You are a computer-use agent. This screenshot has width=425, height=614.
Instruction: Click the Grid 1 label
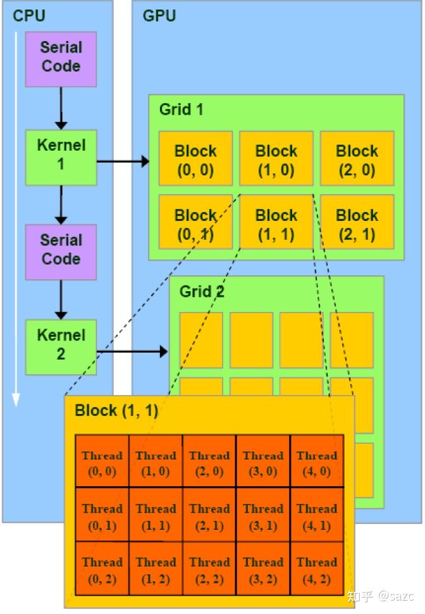pos(181,110)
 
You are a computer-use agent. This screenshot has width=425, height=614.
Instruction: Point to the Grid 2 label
pos(202,292)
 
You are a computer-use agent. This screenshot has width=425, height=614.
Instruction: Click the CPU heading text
pos(29,15)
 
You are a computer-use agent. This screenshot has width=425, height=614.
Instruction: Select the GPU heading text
pos(159,15)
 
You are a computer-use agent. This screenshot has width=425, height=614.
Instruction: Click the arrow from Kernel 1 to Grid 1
pos(123,162)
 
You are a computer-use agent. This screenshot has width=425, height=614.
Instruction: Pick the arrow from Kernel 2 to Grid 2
pos(132,351)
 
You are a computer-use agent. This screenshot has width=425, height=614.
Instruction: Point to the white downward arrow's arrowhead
pos(16,399)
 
